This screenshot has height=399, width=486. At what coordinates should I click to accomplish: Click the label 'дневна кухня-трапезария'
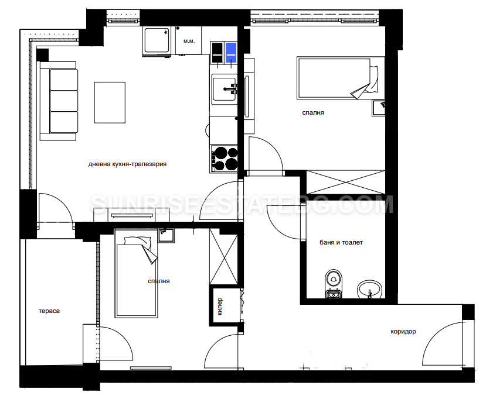tap(127, 164)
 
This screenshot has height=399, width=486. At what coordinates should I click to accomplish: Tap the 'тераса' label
tap(49, 311)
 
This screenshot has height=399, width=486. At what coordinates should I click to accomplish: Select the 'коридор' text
tap(403, 332)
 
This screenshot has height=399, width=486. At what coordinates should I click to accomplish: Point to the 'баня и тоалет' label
tap(341, 242)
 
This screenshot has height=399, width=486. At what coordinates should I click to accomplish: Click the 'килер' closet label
tap(220, 306)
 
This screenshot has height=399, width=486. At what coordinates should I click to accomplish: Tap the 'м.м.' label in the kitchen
tap(189, 41)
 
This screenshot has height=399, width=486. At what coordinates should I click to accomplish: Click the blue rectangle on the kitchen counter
tap(231, 53)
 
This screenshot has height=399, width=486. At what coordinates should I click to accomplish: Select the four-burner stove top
tap(224, 159)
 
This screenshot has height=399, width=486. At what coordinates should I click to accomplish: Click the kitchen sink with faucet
tap(225, 89)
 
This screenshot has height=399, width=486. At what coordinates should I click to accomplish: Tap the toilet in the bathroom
tap(334, 283)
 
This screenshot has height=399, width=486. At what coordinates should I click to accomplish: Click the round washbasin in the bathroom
tap(369, 290)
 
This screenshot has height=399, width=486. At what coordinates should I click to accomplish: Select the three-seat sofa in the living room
tap(59, 101)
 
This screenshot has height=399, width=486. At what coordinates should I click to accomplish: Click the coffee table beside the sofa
tap(110, 102)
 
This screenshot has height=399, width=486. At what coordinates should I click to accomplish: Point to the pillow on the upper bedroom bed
tap(374, 79)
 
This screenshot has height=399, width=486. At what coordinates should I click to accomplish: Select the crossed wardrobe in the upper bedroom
tap(345, 182)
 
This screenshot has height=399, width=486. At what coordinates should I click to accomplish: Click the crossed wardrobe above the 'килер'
tap(223, 256)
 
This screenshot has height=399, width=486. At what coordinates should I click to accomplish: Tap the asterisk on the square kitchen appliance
tap(166, 32)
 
